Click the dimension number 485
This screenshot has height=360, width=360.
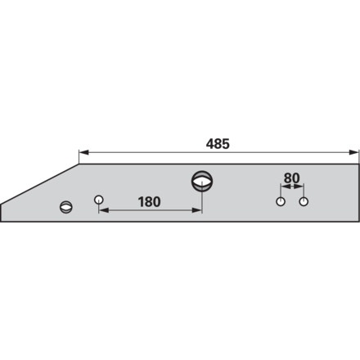click(218, 144)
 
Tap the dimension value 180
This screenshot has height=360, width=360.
click(149, 202)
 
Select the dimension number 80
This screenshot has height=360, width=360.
click(291, 178)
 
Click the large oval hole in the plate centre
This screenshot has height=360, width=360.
click(202, 181)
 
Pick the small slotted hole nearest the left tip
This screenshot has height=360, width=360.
click(66, 207)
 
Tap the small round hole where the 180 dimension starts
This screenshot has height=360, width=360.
click(98, 200)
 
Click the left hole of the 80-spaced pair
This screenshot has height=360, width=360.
click(281, 202)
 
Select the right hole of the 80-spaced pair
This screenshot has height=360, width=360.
click(304, 202)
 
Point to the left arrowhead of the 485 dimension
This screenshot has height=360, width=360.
click(83, 152)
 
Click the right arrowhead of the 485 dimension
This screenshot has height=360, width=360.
click(354, 152)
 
